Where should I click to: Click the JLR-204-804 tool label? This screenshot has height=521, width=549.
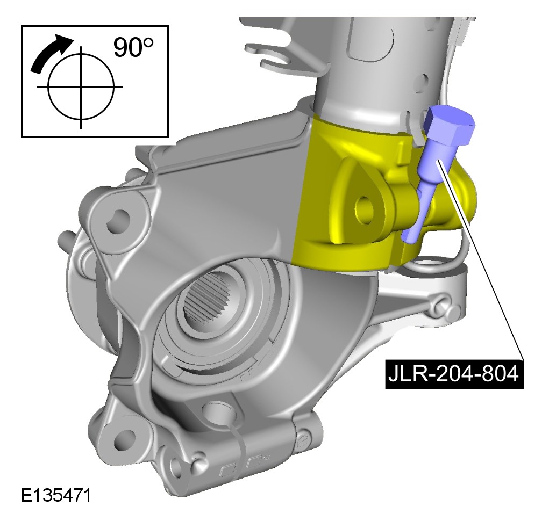tap(454, 374)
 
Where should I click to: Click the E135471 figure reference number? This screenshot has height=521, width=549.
tap(56, 495)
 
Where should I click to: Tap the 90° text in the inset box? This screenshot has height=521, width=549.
tap(133, 47)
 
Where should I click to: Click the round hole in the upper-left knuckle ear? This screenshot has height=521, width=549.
tap(118, 221)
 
